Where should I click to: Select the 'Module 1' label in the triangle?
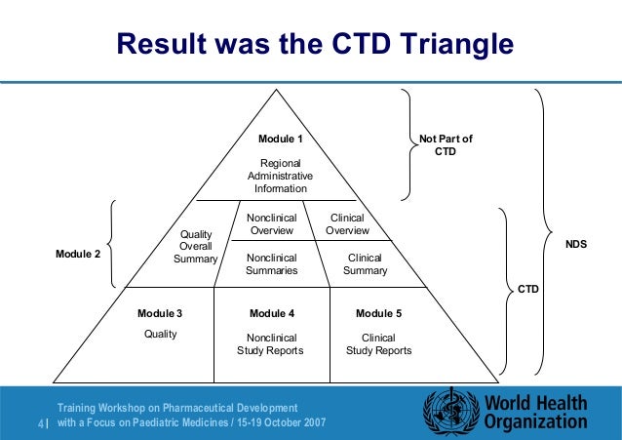point(280,140)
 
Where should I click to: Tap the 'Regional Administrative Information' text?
point(280,175)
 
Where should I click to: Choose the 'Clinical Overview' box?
point(347,224)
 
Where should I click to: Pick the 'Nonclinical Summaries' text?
point(272,263)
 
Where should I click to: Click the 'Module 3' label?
point(160,313)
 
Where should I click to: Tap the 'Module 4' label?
point(272,313)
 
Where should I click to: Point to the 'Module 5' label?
point(378,313)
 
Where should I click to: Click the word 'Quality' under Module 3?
point(160,333)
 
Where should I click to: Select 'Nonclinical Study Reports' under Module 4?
point(271,343)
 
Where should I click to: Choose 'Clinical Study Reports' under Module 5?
point(378,343)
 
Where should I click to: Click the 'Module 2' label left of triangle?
point(76,254)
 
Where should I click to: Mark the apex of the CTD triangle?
point(280,91)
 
